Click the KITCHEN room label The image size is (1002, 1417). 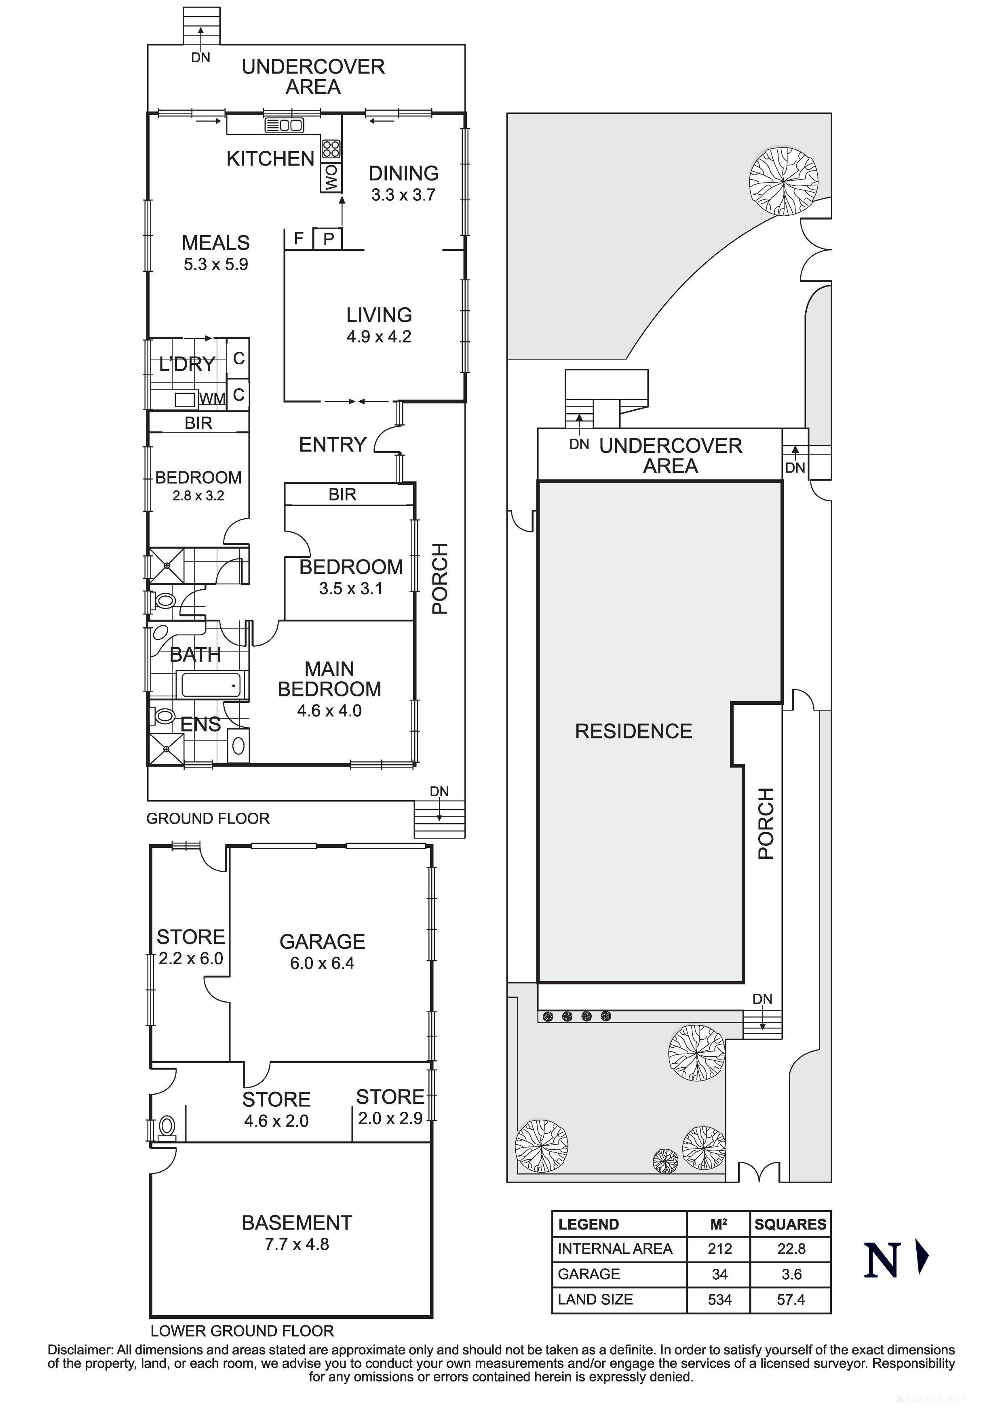coord(270,159)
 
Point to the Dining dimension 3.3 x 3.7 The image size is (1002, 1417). coord(403,195)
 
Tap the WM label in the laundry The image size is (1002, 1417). coord(212,399)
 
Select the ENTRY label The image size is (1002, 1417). coord(333,444)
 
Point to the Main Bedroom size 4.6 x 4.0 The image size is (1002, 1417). coord(329,711)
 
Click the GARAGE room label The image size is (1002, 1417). coord(322,942)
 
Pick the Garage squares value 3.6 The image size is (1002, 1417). coord(791,1274)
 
